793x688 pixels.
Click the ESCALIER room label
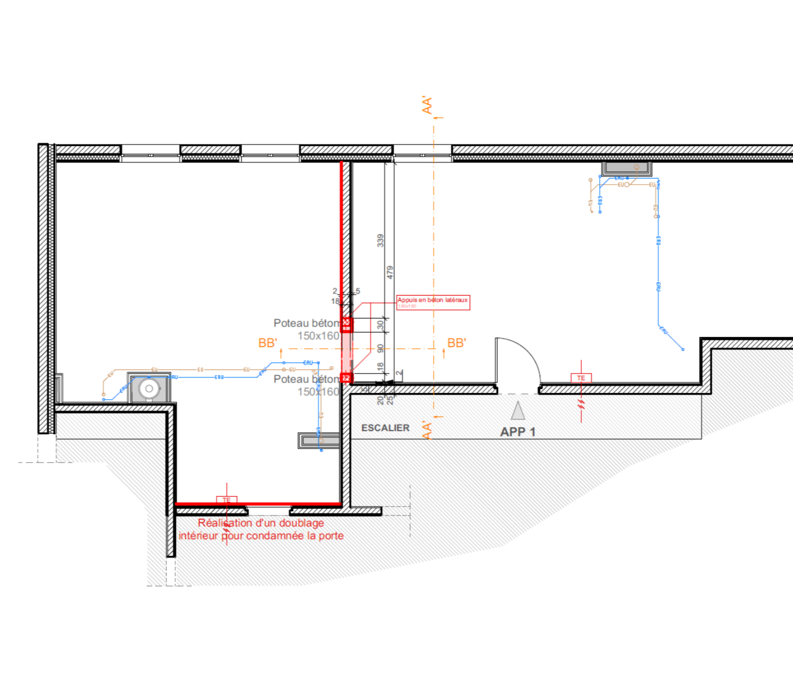385,428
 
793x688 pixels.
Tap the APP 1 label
517,432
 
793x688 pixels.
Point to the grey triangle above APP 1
518,411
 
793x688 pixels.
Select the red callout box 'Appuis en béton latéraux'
433,302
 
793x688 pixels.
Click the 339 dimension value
381,241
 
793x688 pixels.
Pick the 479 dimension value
390,273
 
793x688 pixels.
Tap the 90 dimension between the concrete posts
381,348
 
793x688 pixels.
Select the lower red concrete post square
347,378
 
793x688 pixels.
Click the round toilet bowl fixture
149,389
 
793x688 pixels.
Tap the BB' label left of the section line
268,343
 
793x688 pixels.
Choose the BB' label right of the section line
456,343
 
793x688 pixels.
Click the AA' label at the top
427,105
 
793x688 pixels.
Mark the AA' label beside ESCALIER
427,430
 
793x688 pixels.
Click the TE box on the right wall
581,378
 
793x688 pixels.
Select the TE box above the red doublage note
226,500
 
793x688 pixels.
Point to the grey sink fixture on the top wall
626,167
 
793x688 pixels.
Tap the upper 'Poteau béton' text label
306,323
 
